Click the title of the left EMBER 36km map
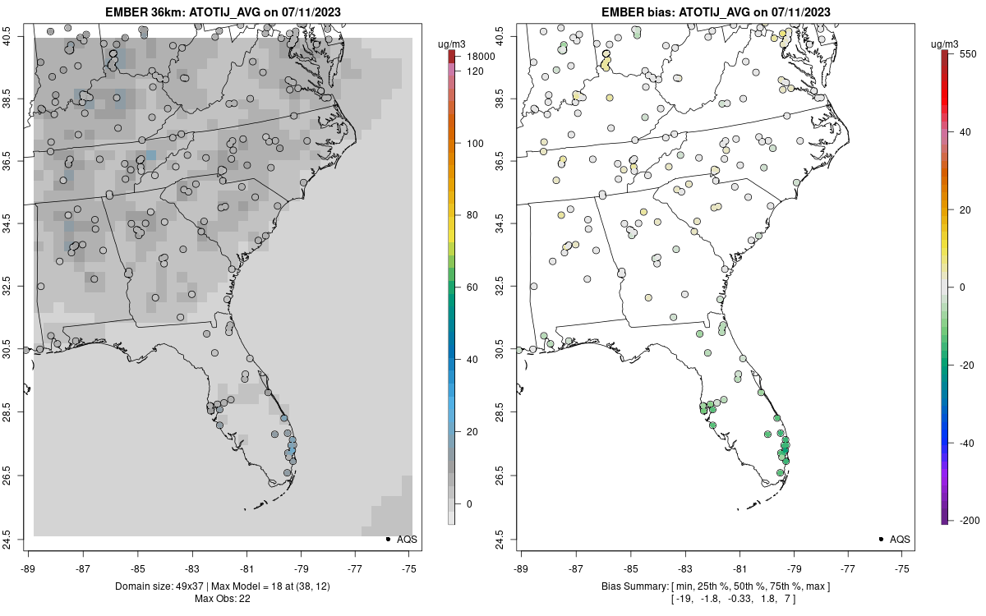[222, 12]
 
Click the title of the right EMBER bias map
[715, 12]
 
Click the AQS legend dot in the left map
[388, 540]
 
